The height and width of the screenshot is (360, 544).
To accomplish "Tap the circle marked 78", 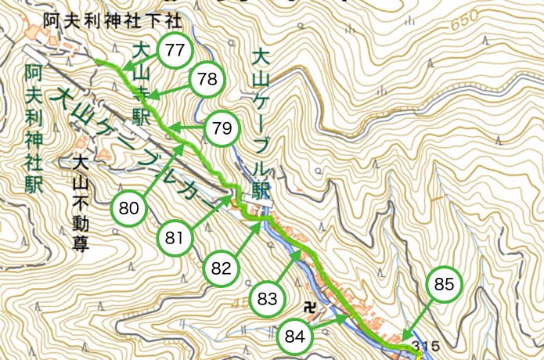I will coord(207,79).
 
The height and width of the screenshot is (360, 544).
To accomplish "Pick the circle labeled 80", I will coord(130,208).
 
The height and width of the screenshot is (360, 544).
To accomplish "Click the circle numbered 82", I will coord(222,268).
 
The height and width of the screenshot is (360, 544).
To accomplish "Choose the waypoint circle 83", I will coord(268,298).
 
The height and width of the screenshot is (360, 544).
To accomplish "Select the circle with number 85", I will coord(444,286).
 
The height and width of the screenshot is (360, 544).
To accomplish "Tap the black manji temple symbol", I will coord(311,306).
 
